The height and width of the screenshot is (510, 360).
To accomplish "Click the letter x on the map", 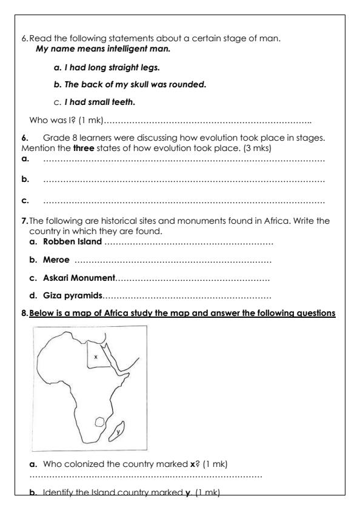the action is [96, 357].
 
